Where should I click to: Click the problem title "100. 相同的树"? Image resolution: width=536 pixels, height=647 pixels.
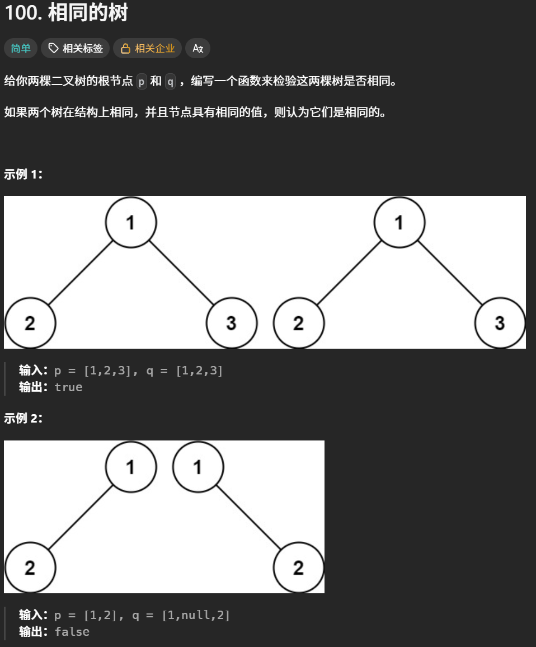[x=66, y=13]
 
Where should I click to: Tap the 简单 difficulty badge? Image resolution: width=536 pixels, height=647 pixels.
[x=21, y=49]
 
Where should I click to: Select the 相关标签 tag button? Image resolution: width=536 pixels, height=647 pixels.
[x=76, y=49]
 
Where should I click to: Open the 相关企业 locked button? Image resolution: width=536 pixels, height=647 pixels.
[x=148, y=49]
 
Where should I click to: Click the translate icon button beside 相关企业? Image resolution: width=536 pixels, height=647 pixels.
[x=198, y=49]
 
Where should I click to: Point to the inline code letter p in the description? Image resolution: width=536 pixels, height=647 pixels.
[x=142, y=82]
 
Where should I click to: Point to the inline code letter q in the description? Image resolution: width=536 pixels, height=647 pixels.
[x=170, y=82]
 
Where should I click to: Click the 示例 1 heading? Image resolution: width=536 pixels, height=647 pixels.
[x=23, y=174]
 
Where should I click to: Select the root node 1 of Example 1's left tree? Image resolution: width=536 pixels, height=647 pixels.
[x=131, y=222]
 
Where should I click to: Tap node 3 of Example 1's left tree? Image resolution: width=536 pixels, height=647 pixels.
[x=232, y=323]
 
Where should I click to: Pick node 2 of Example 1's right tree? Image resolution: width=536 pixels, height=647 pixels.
[x=299, y=323]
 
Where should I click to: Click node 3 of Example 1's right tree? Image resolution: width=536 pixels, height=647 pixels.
[x=500, y=323]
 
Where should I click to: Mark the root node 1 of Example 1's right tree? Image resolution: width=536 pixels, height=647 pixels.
[x=399, y=222]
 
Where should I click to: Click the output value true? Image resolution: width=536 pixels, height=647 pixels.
[x=68, y=387]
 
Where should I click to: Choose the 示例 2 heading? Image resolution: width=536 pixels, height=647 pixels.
[x=23, y=419]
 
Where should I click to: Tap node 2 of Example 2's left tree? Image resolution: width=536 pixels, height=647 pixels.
[x=30, y=568]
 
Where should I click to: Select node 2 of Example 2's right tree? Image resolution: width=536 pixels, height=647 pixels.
[x=299, y=568]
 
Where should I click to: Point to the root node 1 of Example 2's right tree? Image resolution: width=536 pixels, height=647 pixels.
[x=198, y=467]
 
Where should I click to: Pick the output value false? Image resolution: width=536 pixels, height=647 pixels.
[x=72, y=632]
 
